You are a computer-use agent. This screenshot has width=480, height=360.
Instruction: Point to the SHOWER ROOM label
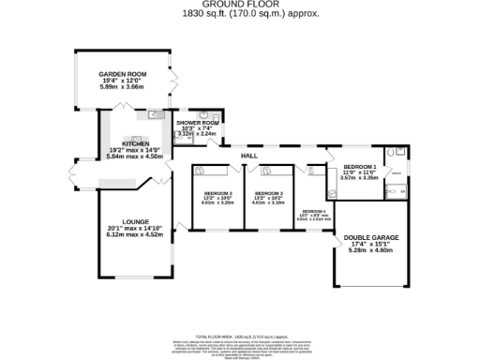(198, 122)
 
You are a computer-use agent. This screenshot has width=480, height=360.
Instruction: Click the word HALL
(249, 155)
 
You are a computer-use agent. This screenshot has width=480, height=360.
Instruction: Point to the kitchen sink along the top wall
(152, 116)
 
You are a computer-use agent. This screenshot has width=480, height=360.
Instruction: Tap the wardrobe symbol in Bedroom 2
(210, 172)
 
